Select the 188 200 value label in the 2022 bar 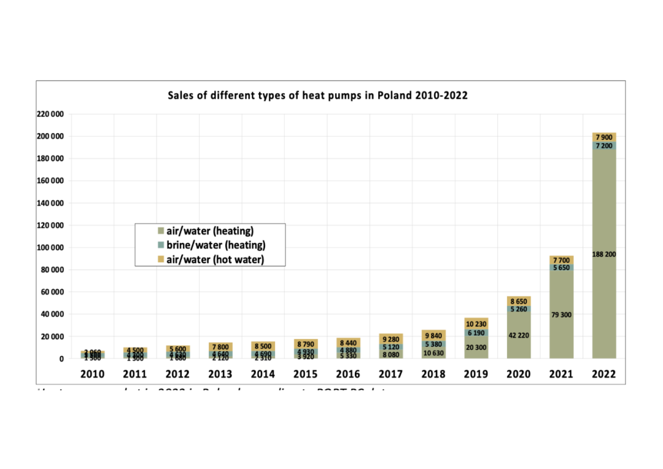[603, 254]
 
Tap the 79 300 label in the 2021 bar [561, 315]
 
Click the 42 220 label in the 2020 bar [518, 335]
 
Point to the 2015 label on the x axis [306, 374]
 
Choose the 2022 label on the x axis [603, 374]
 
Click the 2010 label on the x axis [93, 374]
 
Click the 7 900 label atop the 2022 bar [603, 136]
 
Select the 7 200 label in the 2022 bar [603, 146]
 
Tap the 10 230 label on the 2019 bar [476, 324]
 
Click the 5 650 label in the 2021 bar [561, 268]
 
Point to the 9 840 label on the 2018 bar [433, 336]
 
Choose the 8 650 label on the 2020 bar [518, 302]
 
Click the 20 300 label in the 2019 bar [476, 347]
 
